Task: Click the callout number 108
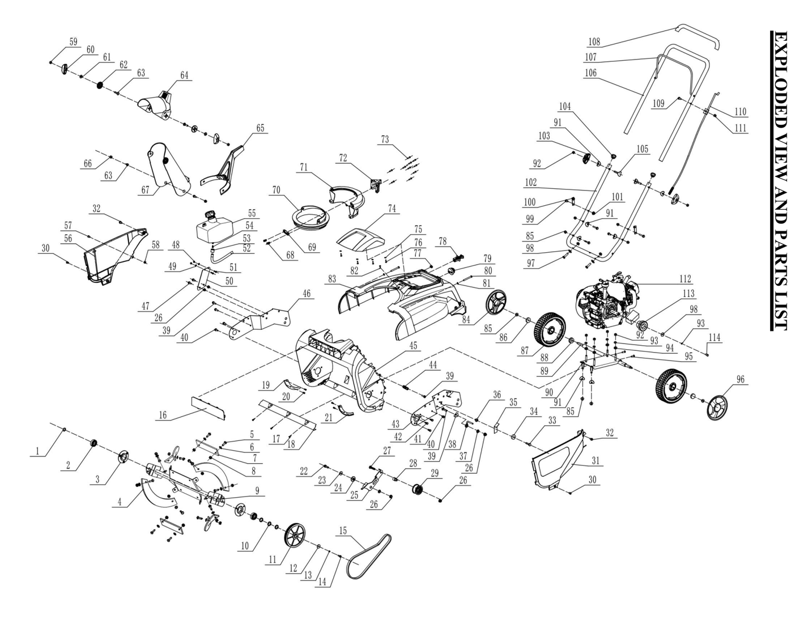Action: click(x=593, y=41)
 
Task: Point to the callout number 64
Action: click(x=184, y=75)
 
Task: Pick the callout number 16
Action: click(x=162, y=415)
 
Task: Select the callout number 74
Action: click(x=392, y=208)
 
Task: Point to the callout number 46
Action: click(x=306, y=294)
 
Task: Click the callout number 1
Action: click(x=37, y=451)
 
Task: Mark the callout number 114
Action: click(x=715, y=337)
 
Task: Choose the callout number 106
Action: click(x=590, y=73)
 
